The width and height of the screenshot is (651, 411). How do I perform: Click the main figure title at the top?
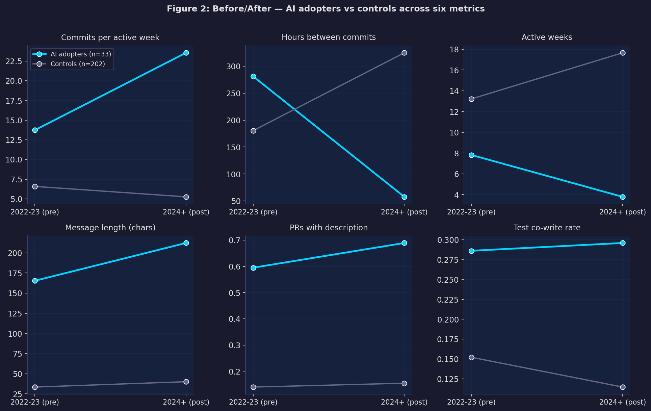coord(325,9)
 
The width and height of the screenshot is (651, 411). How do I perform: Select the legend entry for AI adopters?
coord(80,54)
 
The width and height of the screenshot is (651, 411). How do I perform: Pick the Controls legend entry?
coord(77,64)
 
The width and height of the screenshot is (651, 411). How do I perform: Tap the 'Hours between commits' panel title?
coord(329,37)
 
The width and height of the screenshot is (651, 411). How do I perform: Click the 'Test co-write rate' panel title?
coord(547,228)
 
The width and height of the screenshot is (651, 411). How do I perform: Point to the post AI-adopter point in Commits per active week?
coord(186,53)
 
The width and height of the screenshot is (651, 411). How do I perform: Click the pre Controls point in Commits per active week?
coord(35,186)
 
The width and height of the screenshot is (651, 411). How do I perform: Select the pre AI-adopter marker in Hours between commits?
coord(253,76)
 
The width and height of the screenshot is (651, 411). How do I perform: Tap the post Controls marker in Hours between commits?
coord(404,53)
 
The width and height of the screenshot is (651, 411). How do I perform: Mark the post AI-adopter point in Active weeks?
coord(623,197)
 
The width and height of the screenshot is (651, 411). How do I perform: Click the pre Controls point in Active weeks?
coord(471,99)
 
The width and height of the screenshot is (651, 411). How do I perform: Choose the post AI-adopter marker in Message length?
coord(186,243)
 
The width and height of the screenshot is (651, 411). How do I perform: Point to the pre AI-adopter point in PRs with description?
coord(253,268)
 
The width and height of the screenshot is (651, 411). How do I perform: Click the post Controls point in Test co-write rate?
coord(623,387)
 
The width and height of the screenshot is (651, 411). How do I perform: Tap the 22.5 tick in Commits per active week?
coord(14,61)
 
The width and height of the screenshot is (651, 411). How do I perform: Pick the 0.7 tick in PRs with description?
coord(234,240)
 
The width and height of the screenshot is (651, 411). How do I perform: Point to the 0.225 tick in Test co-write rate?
coord(448,300)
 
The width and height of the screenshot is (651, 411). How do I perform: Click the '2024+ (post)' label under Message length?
coord(186,402)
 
